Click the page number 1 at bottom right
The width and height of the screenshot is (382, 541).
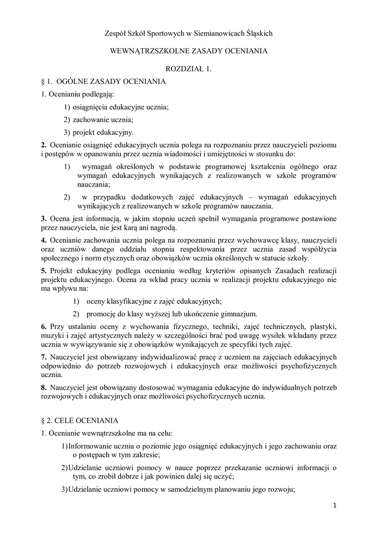coord(335,506)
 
